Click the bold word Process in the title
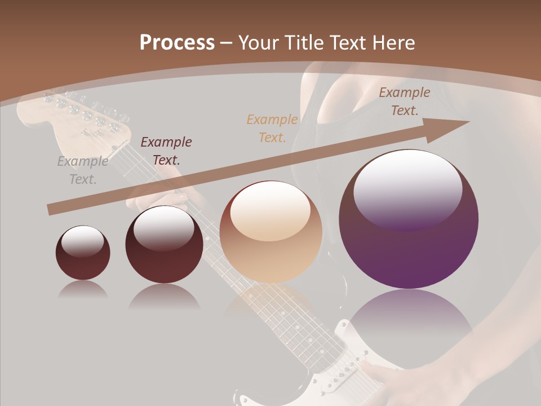177,42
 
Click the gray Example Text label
83,170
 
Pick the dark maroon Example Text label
166,151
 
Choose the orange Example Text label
272,128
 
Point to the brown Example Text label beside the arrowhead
404,101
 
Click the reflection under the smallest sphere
83,290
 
